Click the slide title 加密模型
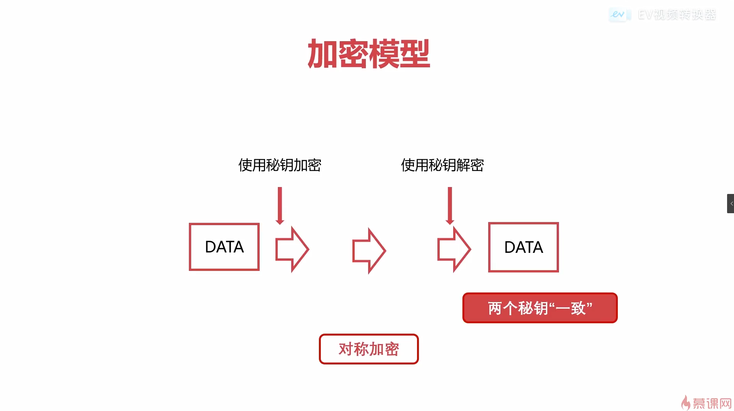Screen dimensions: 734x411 pyautogui.click(x=369, y=54)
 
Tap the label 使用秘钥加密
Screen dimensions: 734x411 pyautogui.click(x=280, y=165)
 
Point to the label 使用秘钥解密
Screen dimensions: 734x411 pyautogui.click(x=442, y=165)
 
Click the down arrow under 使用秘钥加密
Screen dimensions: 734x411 pyautogui.click(x=280, y=206)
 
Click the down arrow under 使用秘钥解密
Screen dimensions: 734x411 pyautogui.click(x=450, y=206)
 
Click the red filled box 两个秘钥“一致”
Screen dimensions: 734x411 pyautogui.click(x=540, y=308)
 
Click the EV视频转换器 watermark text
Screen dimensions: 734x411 pyautogui.click(x=677, y=15)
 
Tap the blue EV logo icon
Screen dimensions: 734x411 pyautogui.click(x=618, y=15)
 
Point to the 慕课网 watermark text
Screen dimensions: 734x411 pyautogui.click(x=712, y=403)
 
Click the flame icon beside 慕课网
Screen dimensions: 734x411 pyautogui.click(x=686, y=403)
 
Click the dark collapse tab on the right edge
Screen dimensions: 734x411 pyautogui.click(x=731, y=204)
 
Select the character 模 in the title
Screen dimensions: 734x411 pyautogui.click(x=384, y=54)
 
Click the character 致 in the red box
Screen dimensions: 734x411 pyautogui.click(x=578, y=308)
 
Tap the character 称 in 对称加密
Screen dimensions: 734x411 pyautogui.click(x=361, y=349)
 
